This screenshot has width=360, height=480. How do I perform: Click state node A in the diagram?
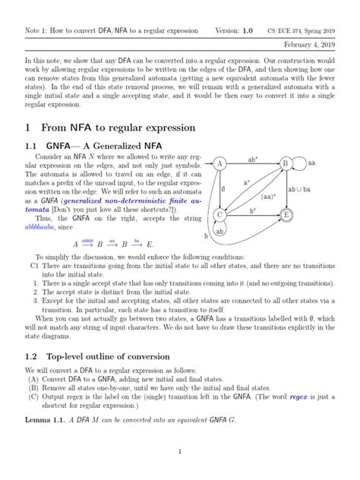219,164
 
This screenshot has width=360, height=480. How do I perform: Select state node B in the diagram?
286,164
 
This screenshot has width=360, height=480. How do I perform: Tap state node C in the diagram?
219,215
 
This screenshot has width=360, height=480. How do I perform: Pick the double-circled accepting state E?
286,215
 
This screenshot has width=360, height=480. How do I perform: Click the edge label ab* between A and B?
252,159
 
